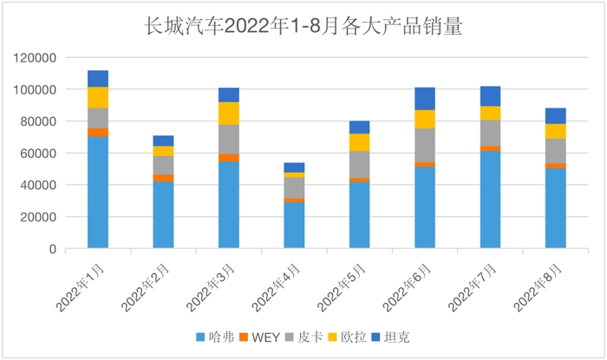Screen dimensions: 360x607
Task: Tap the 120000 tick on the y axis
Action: [x=35, y=58]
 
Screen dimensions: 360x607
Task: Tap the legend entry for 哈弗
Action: [x=215, y=337]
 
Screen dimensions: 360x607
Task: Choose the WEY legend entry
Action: [x=264, y=337]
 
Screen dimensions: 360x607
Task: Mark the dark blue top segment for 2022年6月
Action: [x=425, y=99]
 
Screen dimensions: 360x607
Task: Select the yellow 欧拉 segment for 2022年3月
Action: [x=229, y=114]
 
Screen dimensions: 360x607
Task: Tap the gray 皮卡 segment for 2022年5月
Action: [x=360, y=164]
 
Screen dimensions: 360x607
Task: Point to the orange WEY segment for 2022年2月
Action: [x=163, y=178]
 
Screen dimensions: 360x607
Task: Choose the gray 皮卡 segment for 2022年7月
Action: [x=490, y=133]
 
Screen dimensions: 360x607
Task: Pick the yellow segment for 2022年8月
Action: [x=556, y=131]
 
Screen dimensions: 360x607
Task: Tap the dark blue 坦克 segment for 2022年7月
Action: [x=490, y=96]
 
